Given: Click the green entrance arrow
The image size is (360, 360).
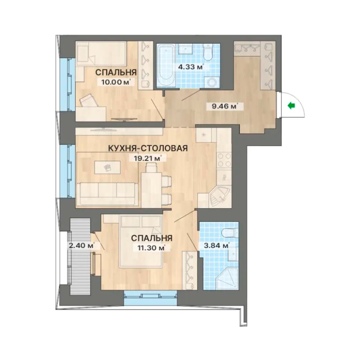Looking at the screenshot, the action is coord(292,105).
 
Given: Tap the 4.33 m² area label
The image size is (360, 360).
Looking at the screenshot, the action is coord(191,67).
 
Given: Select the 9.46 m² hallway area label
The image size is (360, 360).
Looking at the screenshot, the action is coord(225,106).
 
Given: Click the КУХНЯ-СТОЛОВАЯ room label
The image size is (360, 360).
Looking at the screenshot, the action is coord(148,148).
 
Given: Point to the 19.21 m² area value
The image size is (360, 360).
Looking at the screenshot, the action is coord(147,158).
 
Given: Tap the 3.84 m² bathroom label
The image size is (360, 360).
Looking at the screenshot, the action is coord(217,246).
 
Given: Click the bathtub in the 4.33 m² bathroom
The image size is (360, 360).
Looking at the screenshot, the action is coord(166,66).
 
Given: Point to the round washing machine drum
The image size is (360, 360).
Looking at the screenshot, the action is coord(211,82).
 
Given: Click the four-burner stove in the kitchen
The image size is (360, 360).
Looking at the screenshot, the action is coord(224,160).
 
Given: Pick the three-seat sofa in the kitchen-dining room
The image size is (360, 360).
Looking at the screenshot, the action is coord(107,194).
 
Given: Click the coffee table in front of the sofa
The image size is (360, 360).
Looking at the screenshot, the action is coord(107,167).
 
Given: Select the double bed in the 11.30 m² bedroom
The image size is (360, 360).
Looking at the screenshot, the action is coord(141,241).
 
